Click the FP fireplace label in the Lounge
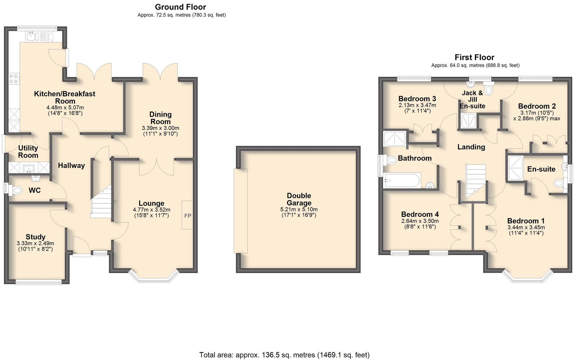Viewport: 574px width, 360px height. click(187, 216)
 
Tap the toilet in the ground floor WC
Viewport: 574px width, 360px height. click(16, 190)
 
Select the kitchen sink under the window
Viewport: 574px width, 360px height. click(31, 37)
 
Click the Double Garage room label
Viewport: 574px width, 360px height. click(299, 199)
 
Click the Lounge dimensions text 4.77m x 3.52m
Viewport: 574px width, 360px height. click(151, 210)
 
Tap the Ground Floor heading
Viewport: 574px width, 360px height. click(180, 7)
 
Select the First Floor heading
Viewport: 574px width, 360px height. click(474, 57)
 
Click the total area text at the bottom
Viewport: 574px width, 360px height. click(284, 355)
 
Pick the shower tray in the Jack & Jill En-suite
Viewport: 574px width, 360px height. click(467, 121)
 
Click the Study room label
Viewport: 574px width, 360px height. click(35, 237)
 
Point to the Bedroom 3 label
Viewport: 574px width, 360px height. click(417, 99)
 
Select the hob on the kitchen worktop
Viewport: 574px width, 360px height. click(13, 79)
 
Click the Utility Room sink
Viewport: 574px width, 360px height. click(29, 168)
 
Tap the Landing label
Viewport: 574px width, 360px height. click(471, 147)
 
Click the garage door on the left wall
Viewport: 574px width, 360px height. click(240, 211)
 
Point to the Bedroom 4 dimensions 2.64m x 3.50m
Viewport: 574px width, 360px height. click(420, 221)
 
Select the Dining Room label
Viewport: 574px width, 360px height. click(160, 118)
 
